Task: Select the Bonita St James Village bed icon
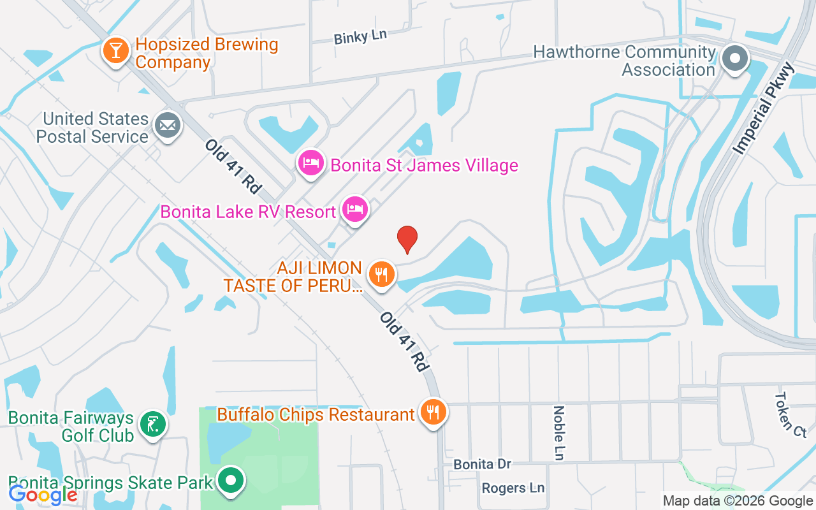[310, 163]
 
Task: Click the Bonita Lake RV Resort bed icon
[355, 208]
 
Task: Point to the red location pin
[407, 239]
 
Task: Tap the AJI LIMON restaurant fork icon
[382, 275]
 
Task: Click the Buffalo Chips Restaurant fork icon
[433, 412]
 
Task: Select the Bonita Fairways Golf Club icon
[153, 424]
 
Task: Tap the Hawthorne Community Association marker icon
[735, 59]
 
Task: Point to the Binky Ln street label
[360, 36]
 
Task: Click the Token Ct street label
[790, 414]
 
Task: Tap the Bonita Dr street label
[482, 464]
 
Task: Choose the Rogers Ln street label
[513, 488]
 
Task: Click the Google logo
[43, 494]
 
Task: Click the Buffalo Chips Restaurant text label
[316, 415]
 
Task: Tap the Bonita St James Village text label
[424, 166]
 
